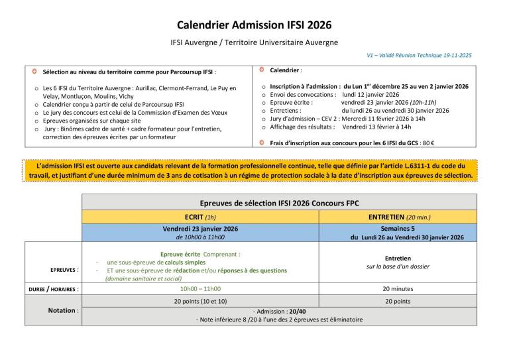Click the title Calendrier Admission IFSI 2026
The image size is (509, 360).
tap(254, 26)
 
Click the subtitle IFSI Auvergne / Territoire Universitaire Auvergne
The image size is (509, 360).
tap(254, 42)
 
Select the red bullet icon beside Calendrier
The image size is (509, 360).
tap(262, 69)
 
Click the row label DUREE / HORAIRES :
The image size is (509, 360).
tap(53, 289)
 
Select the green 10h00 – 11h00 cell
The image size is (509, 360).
tap(200, 289)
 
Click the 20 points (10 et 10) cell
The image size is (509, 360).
tap(200, 302)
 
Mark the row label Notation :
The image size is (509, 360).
tap(63, 310)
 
